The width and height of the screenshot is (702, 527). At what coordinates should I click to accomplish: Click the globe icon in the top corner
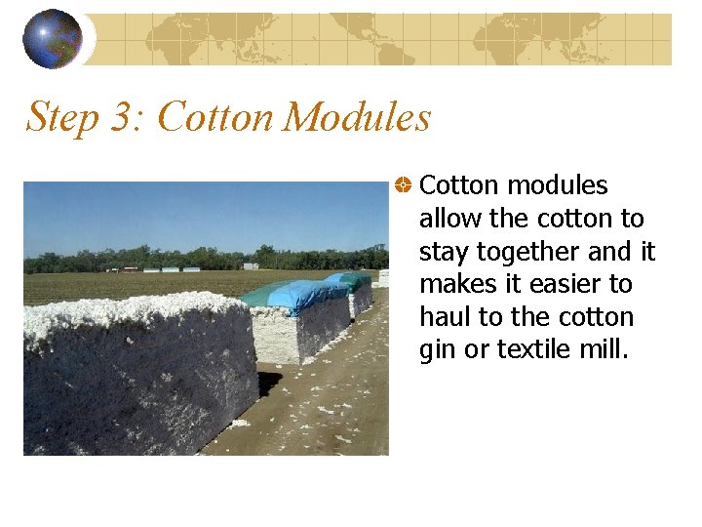(x=53, y=39)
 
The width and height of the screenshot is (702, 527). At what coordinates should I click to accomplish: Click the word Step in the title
(x=63, y=118)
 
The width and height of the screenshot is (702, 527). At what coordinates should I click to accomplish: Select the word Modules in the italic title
(x=357, y=118)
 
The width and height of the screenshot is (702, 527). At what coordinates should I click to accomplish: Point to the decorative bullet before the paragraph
(x=402, y=184)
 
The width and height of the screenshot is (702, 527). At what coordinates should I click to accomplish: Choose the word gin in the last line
(x=436, y=350)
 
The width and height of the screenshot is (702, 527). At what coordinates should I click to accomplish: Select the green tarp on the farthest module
(x=357, y=279)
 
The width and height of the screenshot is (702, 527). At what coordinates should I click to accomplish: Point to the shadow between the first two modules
(x=269, y=381)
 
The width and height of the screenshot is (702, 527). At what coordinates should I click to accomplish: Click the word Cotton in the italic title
(x=214, y=118)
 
